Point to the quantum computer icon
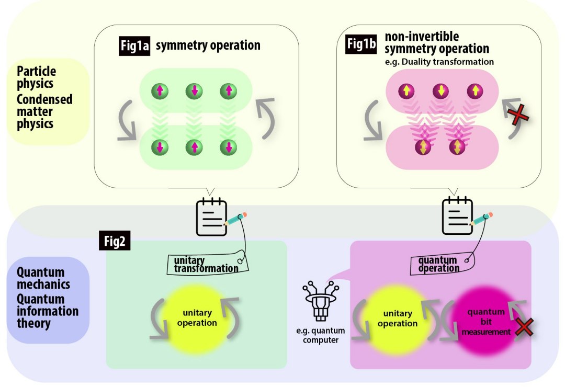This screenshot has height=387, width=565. click(318, 303)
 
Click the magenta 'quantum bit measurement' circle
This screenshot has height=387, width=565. click(482, 322)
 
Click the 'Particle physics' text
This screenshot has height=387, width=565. click(36, 77)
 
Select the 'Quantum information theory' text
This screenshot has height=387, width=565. click(47, 311)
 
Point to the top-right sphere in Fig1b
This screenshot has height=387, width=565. click(474, 91)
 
